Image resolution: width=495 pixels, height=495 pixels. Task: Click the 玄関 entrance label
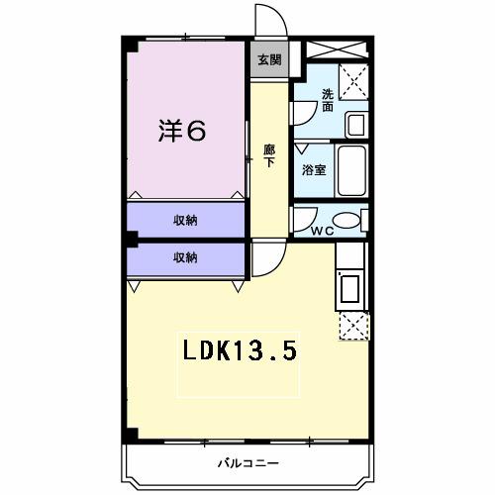click(x=268, y=59)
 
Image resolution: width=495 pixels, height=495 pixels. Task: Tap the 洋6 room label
click(x=183, y=132)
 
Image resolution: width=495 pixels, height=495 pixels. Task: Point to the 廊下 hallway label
click(x=268, y=155)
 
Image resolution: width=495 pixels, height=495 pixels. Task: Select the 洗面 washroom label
click(x=326, y=100)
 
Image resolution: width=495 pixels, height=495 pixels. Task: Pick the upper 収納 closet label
click(x=185, y=220)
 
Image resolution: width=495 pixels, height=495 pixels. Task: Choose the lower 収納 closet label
click(x=185, y=258)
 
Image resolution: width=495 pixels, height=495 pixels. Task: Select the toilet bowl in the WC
click(x=346, y=220)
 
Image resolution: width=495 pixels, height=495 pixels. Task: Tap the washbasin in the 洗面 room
click(x=355, y=124)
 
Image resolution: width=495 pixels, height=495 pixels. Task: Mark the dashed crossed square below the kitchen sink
click(x=353, y=325)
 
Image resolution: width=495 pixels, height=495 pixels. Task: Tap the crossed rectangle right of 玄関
click(x=338, y=49)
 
